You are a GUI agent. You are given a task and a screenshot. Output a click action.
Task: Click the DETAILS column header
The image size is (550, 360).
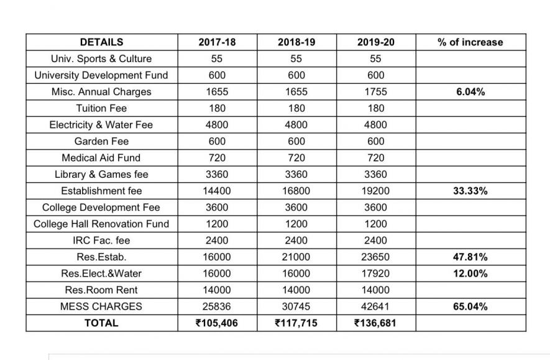pos(102,42)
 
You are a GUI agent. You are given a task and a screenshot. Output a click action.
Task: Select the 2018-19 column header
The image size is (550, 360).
pos(296,42)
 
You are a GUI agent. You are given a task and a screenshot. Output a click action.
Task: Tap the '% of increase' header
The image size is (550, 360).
pos(470,42)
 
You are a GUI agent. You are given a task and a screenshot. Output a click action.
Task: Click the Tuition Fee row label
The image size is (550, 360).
pos(102,108)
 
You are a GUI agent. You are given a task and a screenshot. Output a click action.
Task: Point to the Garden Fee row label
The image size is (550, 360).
pos(102,141)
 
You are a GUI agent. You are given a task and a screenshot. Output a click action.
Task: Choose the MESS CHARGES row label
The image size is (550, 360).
pos(102,307)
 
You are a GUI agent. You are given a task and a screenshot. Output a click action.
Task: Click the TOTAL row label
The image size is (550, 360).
pos(102,323)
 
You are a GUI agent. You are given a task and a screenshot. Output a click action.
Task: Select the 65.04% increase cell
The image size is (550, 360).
pos(470,307)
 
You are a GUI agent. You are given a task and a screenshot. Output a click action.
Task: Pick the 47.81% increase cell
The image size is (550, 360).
pos(470,257)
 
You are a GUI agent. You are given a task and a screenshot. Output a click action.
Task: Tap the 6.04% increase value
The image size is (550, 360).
pos(470,92)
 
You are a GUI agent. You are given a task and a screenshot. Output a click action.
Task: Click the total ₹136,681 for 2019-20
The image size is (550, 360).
pos(375,323)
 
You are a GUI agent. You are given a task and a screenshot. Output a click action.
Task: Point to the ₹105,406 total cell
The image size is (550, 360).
pos(216,323)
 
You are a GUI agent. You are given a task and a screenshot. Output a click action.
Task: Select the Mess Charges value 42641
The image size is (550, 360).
pos(375,307)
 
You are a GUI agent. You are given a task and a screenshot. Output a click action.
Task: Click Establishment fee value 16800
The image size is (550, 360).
pos(296,191)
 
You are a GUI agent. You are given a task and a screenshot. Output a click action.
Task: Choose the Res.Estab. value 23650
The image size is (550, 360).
pos(375,257)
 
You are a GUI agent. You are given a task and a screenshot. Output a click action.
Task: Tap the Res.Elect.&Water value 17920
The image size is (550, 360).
pos(375,274)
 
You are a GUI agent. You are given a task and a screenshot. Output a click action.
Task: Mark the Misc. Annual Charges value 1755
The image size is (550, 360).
pos(375,92)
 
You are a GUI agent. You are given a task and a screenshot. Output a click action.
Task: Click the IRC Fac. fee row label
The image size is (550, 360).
pos(102,241)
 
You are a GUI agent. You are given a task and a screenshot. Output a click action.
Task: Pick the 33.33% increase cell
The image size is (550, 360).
pos(470,191)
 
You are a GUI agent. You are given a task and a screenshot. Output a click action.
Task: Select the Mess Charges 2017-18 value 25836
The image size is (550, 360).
pos(216,307)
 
